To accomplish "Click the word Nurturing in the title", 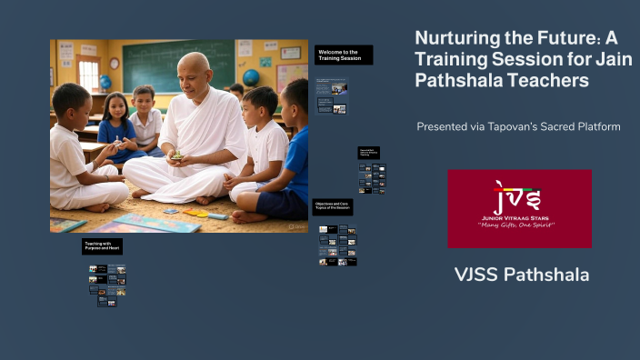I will pyautogui.click(x=459, y=39).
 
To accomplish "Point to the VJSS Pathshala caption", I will pyautogui.click(x=521, y=275).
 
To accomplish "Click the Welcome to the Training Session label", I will pyautogui.click(x=344, y=55).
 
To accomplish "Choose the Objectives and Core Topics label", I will pyautogui.click(x=333, y=207).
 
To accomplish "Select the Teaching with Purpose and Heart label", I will pyautogui.click(x=101, y=245).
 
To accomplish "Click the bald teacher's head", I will pyautogui.click(x=193, y=69).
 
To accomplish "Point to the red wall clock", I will pyautogui.click(x=115, y=63).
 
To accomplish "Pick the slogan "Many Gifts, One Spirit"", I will pyautogui.click(x=519, y=225).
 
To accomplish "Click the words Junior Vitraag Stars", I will pyautogui.click(x=519, y=217).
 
